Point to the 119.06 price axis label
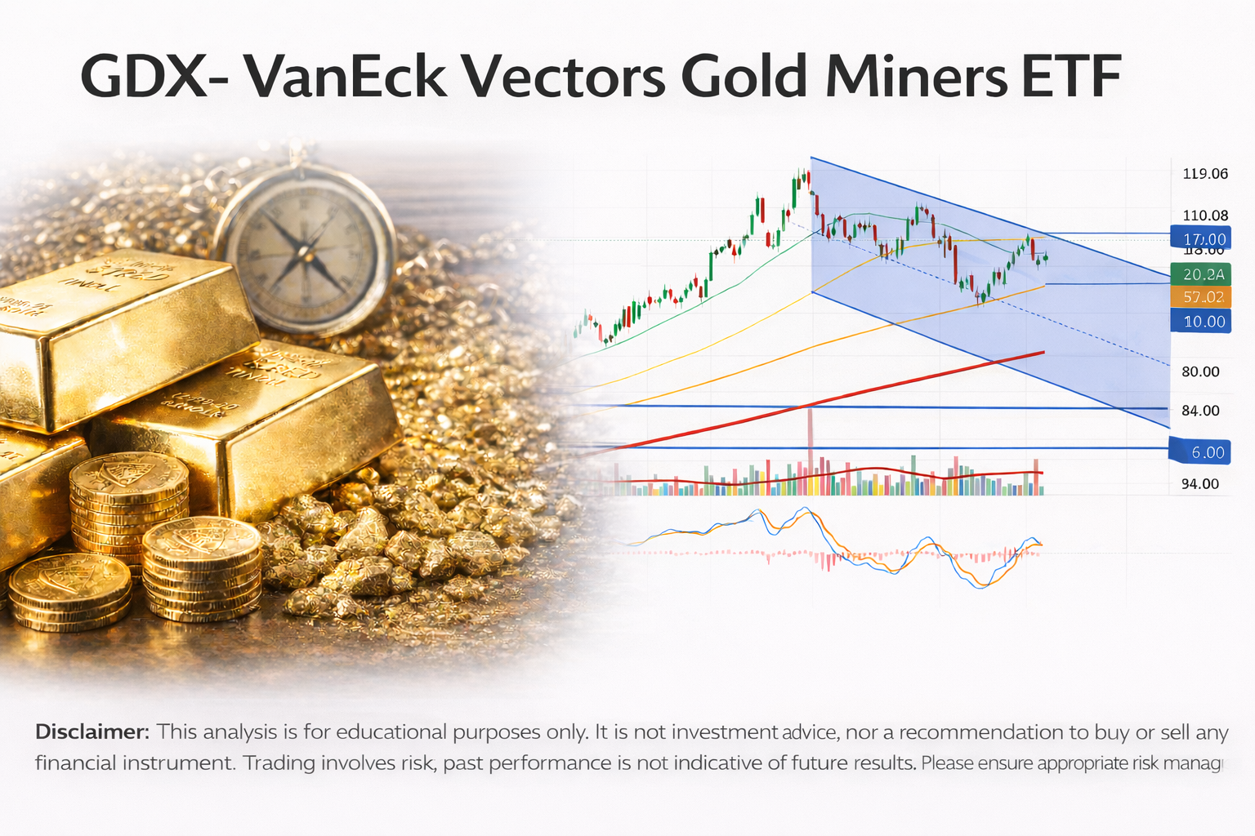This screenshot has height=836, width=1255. click(1205, 173)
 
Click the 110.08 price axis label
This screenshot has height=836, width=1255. click(1205, 216)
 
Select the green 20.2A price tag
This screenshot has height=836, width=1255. click(1203, 274)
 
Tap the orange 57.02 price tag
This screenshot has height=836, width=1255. click(1203, 297)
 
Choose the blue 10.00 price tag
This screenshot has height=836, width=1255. click(1204, 321)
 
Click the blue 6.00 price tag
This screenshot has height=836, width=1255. click(1207, 451)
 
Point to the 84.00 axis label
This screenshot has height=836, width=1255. click(1200, 411)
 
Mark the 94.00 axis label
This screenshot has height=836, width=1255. click(1200, 484)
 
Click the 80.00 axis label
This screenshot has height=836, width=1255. click(1200, 371)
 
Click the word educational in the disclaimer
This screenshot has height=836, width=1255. click(392, 731)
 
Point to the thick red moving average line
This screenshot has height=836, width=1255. click(899, 383)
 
